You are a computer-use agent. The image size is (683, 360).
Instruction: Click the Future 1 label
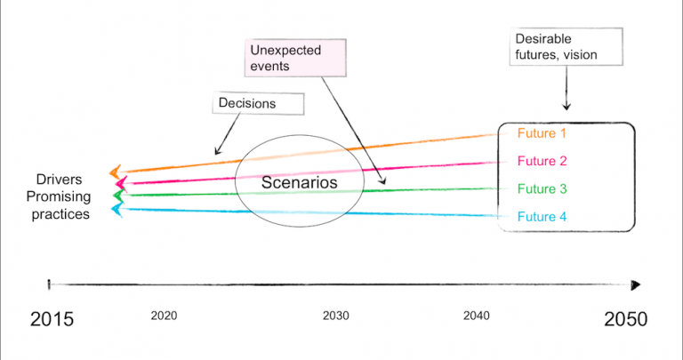(542, 134)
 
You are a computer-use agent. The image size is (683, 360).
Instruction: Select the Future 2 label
(542, 161)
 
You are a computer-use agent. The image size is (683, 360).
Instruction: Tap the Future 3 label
(542, 188)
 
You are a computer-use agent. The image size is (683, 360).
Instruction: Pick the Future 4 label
(542, 216)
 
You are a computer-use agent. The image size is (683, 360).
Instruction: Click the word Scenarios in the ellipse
(301, 182)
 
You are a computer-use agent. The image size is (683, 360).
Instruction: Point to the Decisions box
(246, 103)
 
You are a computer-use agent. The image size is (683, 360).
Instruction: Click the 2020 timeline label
(164, 316)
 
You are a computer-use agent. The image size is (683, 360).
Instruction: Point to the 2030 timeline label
(335, 316)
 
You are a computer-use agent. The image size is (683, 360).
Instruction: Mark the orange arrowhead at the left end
(114, 172)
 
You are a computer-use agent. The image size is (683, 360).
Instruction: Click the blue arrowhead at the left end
(116, 209)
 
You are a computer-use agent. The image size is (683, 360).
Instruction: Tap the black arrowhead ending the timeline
(635, 284)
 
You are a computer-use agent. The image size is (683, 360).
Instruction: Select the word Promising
(58, 196)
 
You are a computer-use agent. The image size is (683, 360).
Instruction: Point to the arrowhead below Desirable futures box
(567, 107)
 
